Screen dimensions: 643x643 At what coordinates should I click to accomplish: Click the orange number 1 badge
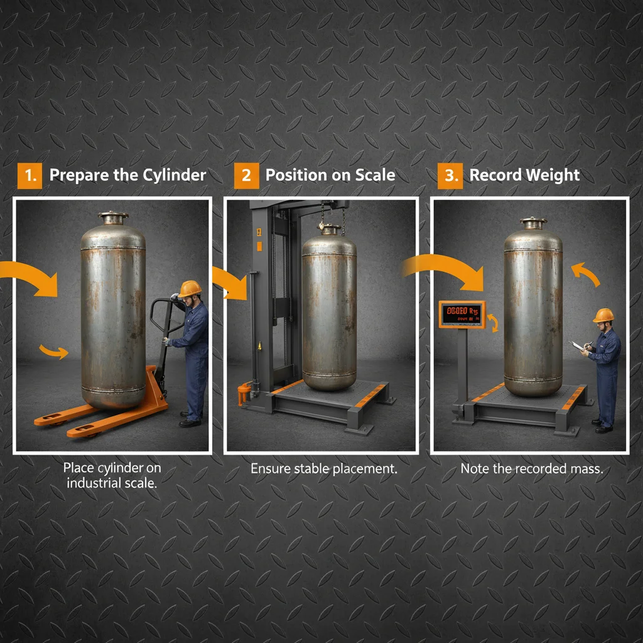29,175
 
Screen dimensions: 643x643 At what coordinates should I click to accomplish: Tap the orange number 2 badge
246,175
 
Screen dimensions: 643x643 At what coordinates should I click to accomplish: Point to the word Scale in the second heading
374,175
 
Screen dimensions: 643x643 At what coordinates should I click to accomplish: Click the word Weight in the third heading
553,175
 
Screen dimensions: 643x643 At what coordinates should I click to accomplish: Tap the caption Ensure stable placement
324,468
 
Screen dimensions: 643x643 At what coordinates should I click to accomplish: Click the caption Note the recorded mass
531,468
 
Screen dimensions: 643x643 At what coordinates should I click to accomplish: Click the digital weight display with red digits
462,313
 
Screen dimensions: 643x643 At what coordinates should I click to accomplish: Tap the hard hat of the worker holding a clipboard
603,315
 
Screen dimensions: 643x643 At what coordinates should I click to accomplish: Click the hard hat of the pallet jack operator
190,288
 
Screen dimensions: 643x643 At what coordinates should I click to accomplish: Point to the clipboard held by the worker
578,346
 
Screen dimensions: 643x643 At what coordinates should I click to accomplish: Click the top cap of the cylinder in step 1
113,217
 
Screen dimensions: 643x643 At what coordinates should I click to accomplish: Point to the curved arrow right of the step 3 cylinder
585,274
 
